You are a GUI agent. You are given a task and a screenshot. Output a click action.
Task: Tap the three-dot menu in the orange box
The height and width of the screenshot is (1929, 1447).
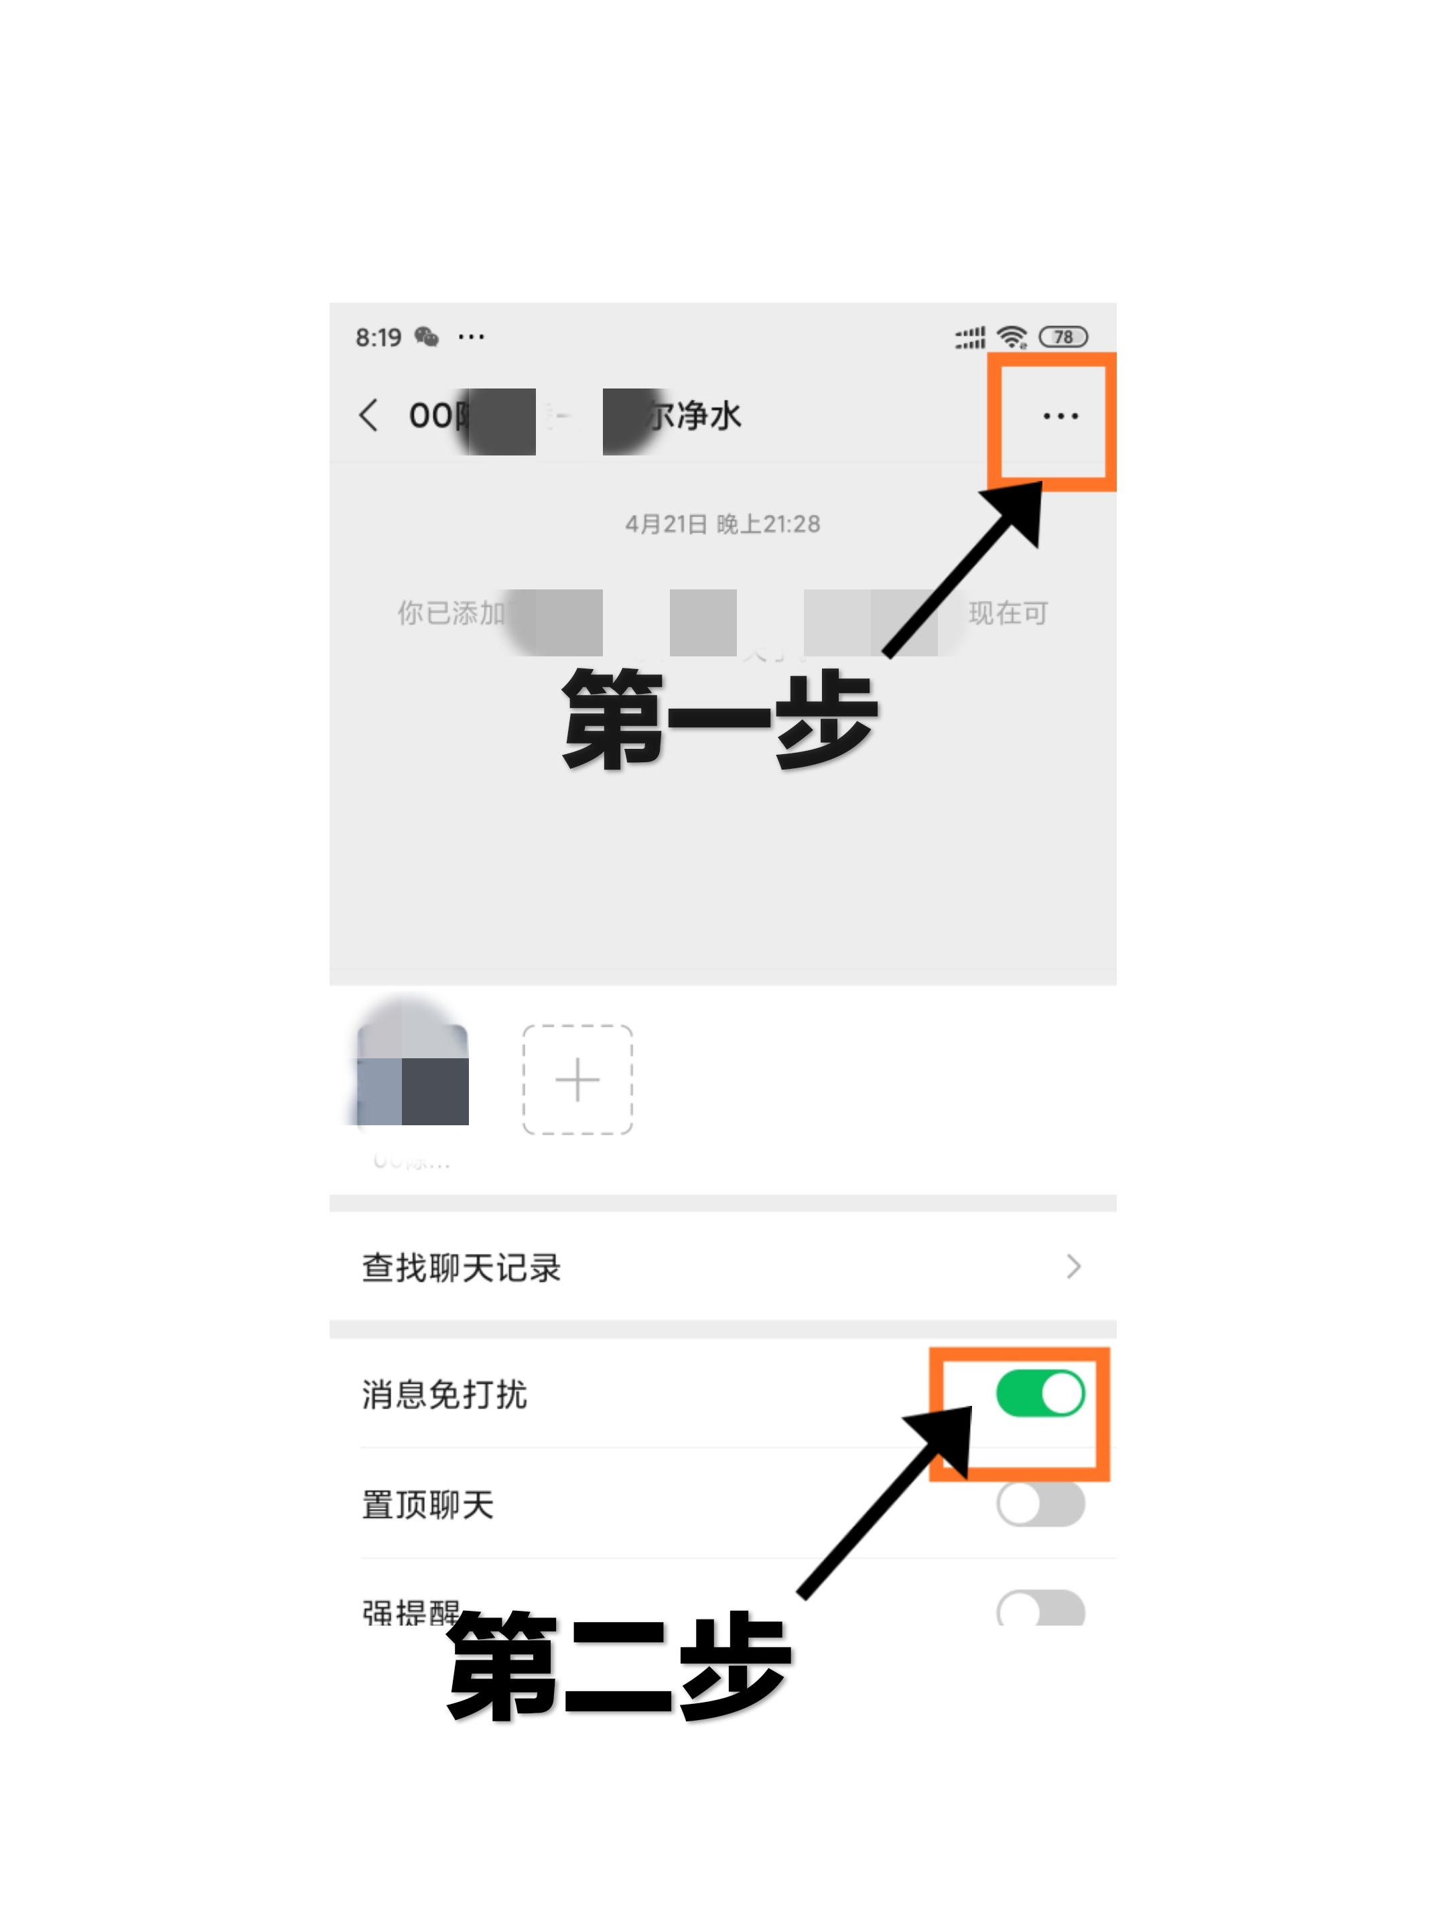(x=1060, y=416)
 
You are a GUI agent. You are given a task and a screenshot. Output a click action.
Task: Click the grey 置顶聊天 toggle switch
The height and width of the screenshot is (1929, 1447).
(x=1040, y=1504)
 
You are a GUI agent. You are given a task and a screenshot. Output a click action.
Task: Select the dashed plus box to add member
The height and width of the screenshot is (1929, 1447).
(x=577, y=1080)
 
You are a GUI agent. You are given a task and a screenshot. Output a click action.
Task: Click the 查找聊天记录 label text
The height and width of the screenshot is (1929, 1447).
(x=462, y=1267)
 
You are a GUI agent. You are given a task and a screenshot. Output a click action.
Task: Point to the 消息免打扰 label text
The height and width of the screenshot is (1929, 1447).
(x=444, y=1394)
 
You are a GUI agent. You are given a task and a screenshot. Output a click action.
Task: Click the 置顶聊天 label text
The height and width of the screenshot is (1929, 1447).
(x=427, y=1504)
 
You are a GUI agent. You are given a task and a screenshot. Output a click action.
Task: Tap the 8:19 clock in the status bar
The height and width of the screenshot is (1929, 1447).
(x=378, y=338)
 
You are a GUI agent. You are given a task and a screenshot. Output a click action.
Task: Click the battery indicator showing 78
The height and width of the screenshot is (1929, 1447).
(x=1062, y=337)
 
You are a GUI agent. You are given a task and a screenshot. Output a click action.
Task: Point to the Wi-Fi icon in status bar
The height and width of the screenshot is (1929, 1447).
(x=1012, y=337)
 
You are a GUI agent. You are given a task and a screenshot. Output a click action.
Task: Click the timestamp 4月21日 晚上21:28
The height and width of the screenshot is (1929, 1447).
(x=722, y=524)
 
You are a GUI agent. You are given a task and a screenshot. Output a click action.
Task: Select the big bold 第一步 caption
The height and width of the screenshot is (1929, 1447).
(x=719, y=719)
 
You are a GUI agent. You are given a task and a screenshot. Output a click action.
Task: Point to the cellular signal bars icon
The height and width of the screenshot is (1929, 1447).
(x=969, y=338)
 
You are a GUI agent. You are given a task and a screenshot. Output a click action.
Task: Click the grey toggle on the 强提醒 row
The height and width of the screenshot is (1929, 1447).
(x=1040, y=1609)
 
